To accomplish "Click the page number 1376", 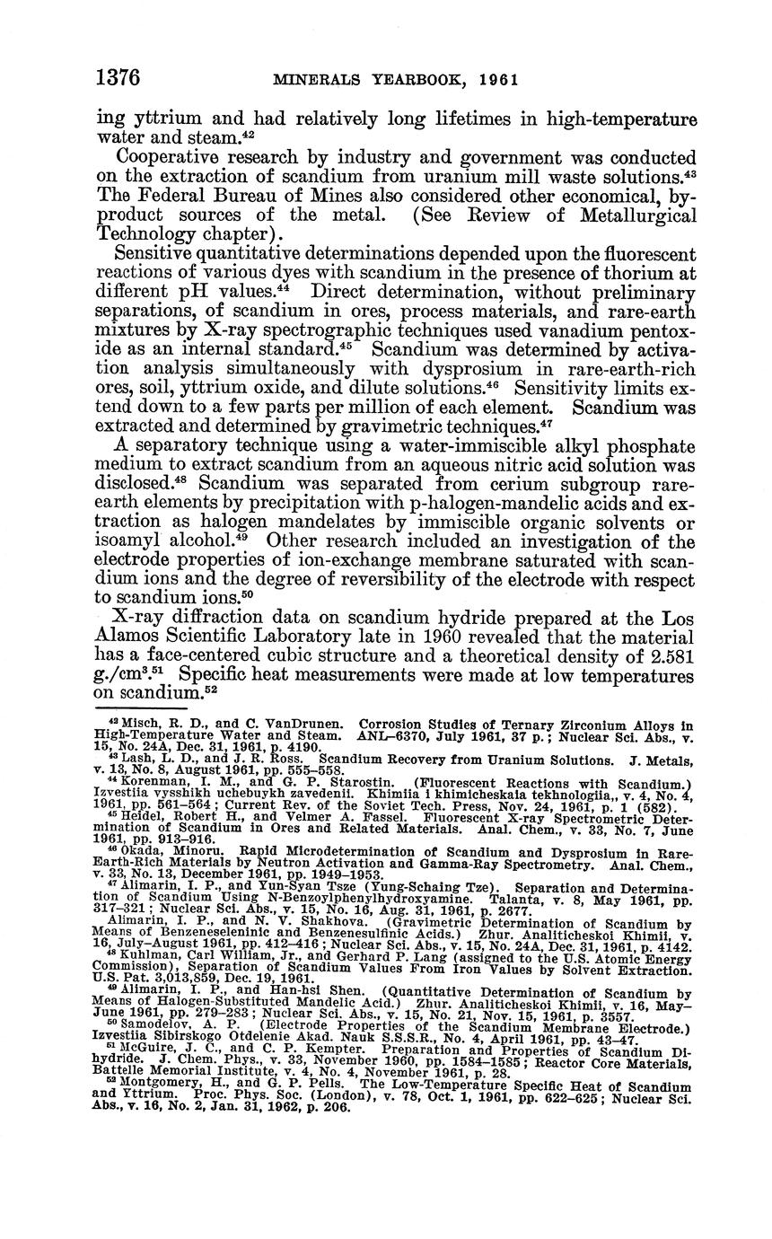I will coord(118,77).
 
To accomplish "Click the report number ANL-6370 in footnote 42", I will coord(397,734).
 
